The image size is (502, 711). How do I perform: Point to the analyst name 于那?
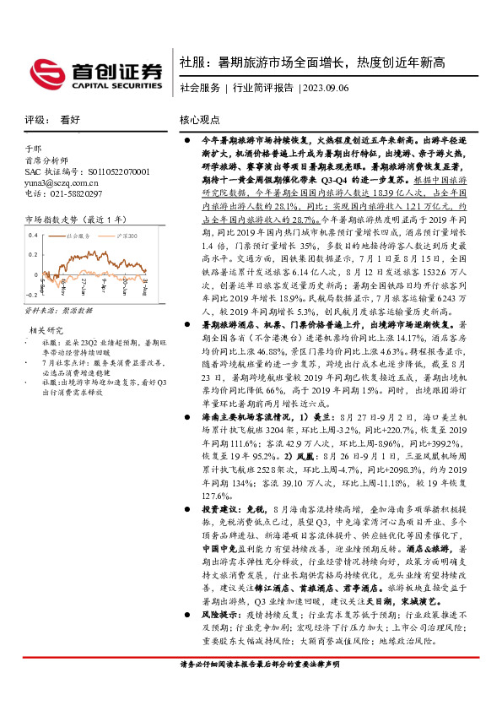click(x=33, y=147)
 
